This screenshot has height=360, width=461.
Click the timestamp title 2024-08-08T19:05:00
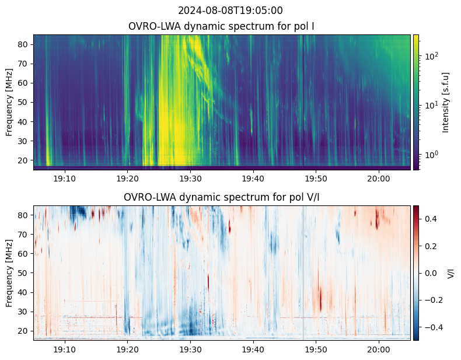tap(230, 11)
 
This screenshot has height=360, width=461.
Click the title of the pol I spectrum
tap(222, 26)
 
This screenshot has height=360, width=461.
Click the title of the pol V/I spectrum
tap(222, 197)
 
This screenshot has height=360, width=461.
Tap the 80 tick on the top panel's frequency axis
tap(25, 44)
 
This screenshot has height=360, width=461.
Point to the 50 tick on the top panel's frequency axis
tap(25, 102)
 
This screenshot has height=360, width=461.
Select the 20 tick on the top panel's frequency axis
tap(25, 160)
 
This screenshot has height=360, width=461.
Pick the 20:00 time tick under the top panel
tap(379, 178)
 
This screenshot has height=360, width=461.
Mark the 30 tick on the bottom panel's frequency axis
tap(25, 312)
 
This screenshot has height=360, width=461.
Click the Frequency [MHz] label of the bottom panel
tap(9, 273)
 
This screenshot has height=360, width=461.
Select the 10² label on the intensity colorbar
tap(431, 57)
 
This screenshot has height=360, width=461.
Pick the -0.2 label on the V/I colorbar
tap(432, 300)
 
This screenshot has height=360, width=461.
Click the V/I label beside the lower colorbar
tap(450, 273)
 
